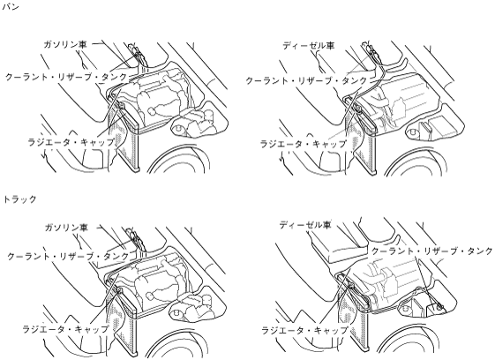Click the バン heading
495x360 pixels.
pos(11,7)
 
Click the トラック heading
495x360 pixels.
pos(19,199)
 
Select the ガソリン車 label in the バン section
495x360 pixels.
pos(65,44)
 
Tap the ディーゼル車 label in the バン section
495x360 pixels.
pos(309,46)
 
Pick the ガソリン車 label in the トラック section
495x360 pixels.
pos(66,228)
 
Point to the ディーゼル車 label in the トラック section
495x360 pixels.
pos(305,225)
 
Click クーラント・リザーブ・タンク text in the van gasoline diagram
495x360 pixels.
pos(66,77)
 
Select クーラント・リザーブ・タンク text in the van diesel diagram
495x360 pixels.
pos(307,81)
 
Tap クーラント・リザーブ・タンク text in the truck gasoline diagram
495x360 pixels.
pos(68,256)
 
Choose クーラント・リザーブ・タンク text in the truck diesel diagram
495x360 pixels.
pos(431,251)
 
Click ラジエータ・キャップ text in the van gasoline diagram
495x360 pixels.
pos(71,142)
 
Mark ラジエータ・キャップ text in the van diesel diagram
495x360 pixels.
pos(304,144)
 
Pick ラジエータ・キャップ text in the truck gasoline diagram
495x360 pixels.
pos(65,329)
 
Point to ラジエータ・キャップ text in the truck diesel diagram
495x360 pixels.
pos(304,330)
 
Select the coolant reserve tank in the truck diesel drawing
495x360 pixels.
pos(435,307)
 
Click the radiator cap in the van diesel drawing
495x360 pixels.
pos(358,109)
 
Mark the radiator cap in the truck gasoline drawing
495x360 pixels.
pos(120,289)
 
